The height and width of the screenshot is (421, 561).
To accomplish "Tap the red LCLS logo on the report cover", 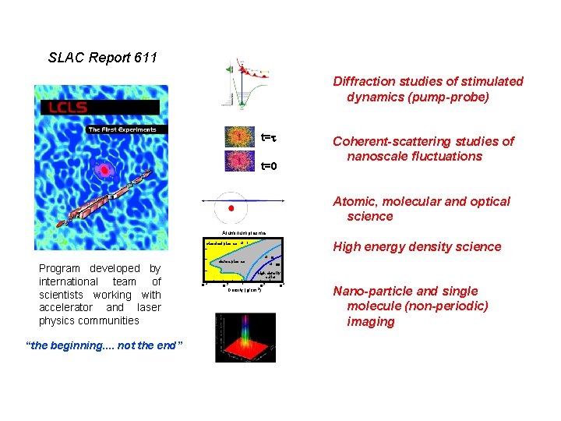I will (x=65, y=107).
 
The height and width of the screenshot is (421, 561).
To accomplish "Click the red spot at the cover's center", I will (x=103, y=170).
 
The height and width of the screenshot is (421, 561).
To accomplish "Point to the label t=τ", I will (x=269, y=137).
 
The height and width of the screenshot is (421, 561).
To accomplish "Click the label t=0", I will (x=269, y=166).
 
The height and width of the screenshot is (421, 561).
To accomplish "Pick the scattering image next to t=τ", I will (x=239, y=136).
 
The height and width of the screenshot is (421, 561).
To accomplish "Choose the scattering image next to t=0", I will (x=239, y=161).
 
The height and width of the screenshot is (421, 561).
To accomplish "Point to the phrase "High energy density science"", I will (x=417, y=246).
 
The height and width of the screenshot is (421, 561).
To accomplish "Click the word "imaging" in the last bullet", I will (x=371, y=321).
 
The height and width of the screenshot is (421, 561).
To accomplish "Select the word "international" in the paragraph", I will (x=69, y=281).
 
